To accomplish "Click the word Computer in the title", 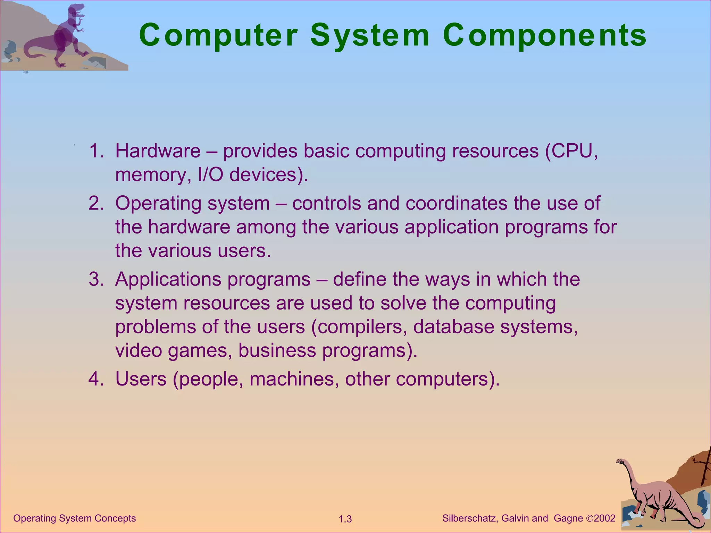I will click(x=218, y=35).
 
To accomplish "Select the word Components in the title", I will click(x=544, y=35).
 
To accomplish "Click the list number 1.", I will click(x=96, y=151).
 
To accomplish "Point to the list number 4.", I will click(x=96, y=379).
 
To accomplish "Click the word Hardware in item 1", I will click(x=158, y=151).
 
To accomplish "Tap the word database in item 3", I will click(x=453, y=327).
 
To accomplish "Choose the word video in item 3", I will click(x=139, y=350).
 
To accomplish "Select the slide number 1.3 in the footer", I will click(x=345, y=519).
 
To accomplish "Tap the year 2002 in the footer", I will click(x=604, y=518).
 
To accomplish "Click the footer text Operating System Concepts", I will click(x=74, y=518).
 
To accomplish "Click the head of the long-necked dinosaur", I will click(x=620, y=462).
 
